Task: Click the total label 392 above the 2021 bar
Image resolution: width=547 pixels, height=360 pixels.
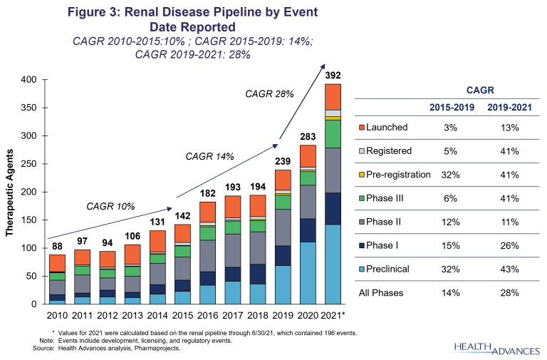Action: pos(333,75)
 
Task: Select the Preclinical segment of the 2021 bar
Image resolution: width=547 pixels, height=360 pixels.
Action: pos(333,264)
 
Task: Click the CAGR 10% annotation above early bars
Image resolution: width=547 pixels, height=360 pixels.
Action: pos(110,207)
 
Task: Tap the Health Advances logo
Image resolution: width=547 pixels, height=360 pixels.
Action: pos(491,346)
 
